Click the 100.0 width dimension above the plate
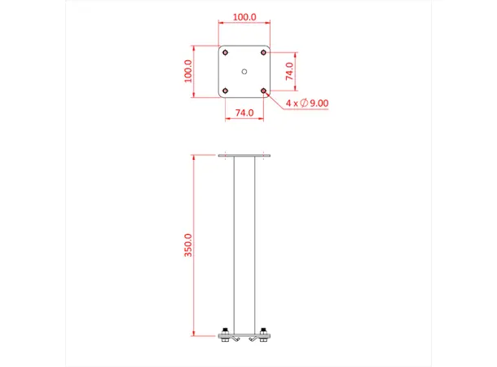pyautogui.click(x=244, y=16)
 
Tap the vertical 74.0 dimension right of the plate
pyautogui.click(x=289, y=71)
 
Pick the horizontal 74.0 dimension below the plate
pyautogui.click(x=244, y=113)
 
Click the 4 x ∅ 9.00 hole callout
pyautogui.click(x=306, y=104)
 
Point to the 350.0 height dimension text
pyautogui.click(x=189, y=245)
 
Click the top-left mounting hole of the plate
pyautogui.click(x=226, y=52)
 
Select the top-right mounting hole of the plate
pyautogui.click(x=263, y=52)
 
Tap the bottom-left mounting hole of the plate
pyautogui.click(x=226, y=90)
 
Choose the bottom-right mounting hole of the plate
pyautogui.click(x=263, y=90)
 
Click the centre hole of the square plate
pyautogui.click(x=244, y=71)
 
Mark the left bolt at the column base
pyautogui.click(x=224, y=333)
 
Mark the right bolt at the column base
pyautogui.click(x=265, y=333)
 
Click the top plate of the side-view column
pyautogui.click(x=244, y=154)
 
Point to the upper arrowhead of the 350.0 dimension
pyautogui.click(x=195, y=157)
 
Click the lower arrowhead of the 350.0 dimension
pyautogui.click(x=195, y=333)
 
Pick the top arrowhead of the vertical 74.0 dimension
pyautogui.click(x=295, y=55)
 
